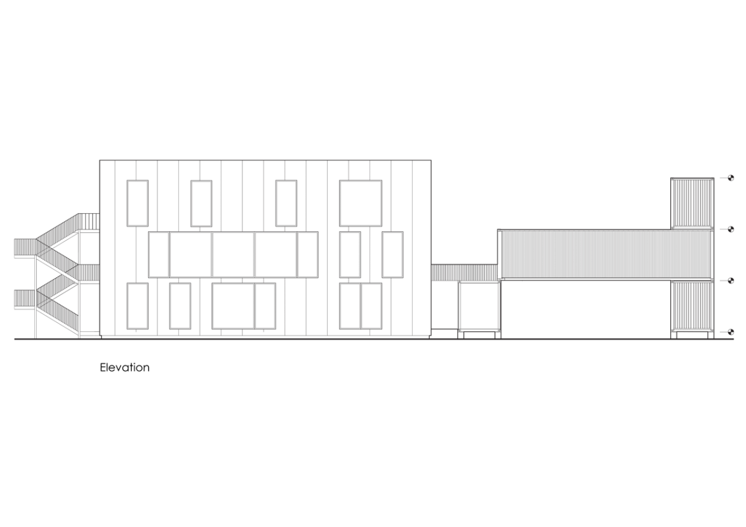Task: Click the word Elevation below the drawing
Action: tap(124, 367)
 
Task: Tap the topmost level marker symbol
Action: tap(730, 178)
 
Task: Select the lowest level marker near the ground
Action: tap(730, 332)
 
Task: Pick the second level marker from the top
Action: tap(730, 229)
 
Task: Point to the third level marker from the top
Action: tap(730, 281)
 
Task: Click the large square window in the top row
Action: tap(361, 203)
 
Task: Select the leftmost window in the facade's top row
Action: tap(137, 203)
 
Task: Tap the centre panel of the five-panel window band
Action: tap(233, 255)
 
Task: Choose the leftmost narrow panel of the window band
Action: tap(159, 255)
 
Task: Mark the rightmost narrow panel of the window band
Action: tap(307, 255)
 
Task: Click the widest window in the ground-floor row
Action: tap(233, 306)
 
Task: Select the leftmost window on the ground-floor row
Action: tap(137, 306)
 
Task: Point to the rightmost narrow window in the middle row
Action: tap(393, 255)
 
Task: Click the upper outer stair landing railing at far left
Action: tap(25, 248)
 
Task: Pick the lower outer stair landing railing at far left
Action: tap(25, 300)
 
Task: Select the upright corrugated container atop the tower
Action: tap(692, 203)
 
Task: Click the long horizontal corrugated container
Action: tap(606, 255)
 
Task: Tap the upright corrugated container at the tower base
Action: tap(692, 306)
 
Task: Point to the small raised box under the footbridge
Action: tap(479, 306)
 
